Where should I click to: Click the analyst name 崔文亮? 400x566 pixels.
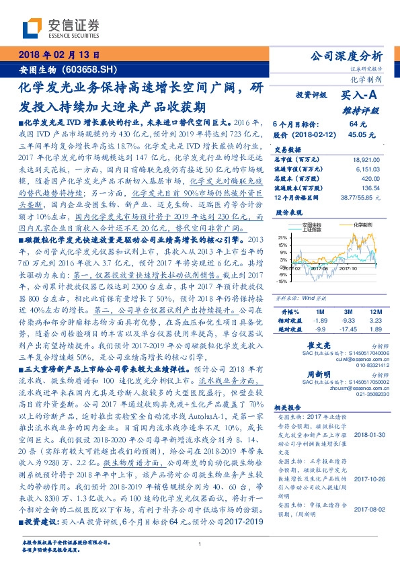[x=326, y=343]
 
